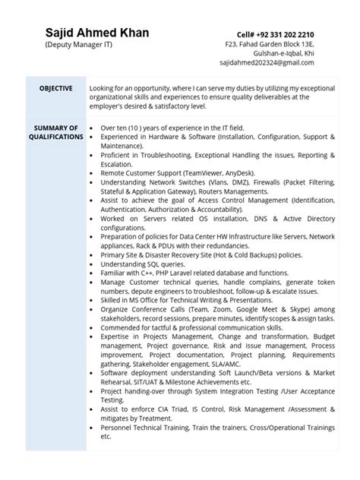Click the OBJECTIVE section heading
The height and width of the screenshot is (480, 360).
click(56, 89)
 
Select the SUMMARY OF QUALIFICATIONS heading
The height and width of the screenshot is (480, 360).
click(56, 132)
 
